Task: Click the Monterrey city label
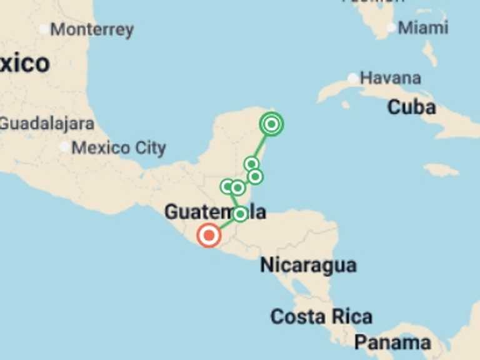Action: (x=92, y=29)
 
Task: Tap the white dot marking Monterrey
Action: (x=43, y=29)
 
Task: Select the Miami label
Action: (x=423, y=27)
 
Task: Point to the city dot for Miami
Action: (x=391, y=27)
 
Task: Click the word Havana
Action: (x=391, y=78)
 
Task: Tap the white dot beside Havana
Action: (x=353, y=78)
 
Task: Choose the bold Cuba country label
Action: (x=411, y=107)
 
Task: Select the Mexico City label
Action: (x=119, y=148)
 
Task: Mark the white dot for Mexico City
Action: (x=65, y=147)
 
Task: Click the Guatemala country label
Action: (x=214, y=212)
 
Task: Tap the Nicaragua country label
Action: (x=308, y=265)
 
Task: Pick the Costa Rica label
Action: (x=321, y=316)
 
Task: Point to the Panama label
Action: (x=392, y=342)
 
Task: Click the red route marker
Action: (x=208, y=236)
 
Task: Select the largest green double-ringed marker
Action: (x=271, y=124)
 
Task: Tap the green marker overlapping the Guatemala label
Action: (x=240, y=214)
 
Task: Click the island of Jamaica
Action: (x=441, y=169)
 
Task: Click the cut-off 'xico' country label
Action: (x=24, y=63)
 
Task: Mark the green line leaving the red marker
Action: (x=225, y=224)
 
